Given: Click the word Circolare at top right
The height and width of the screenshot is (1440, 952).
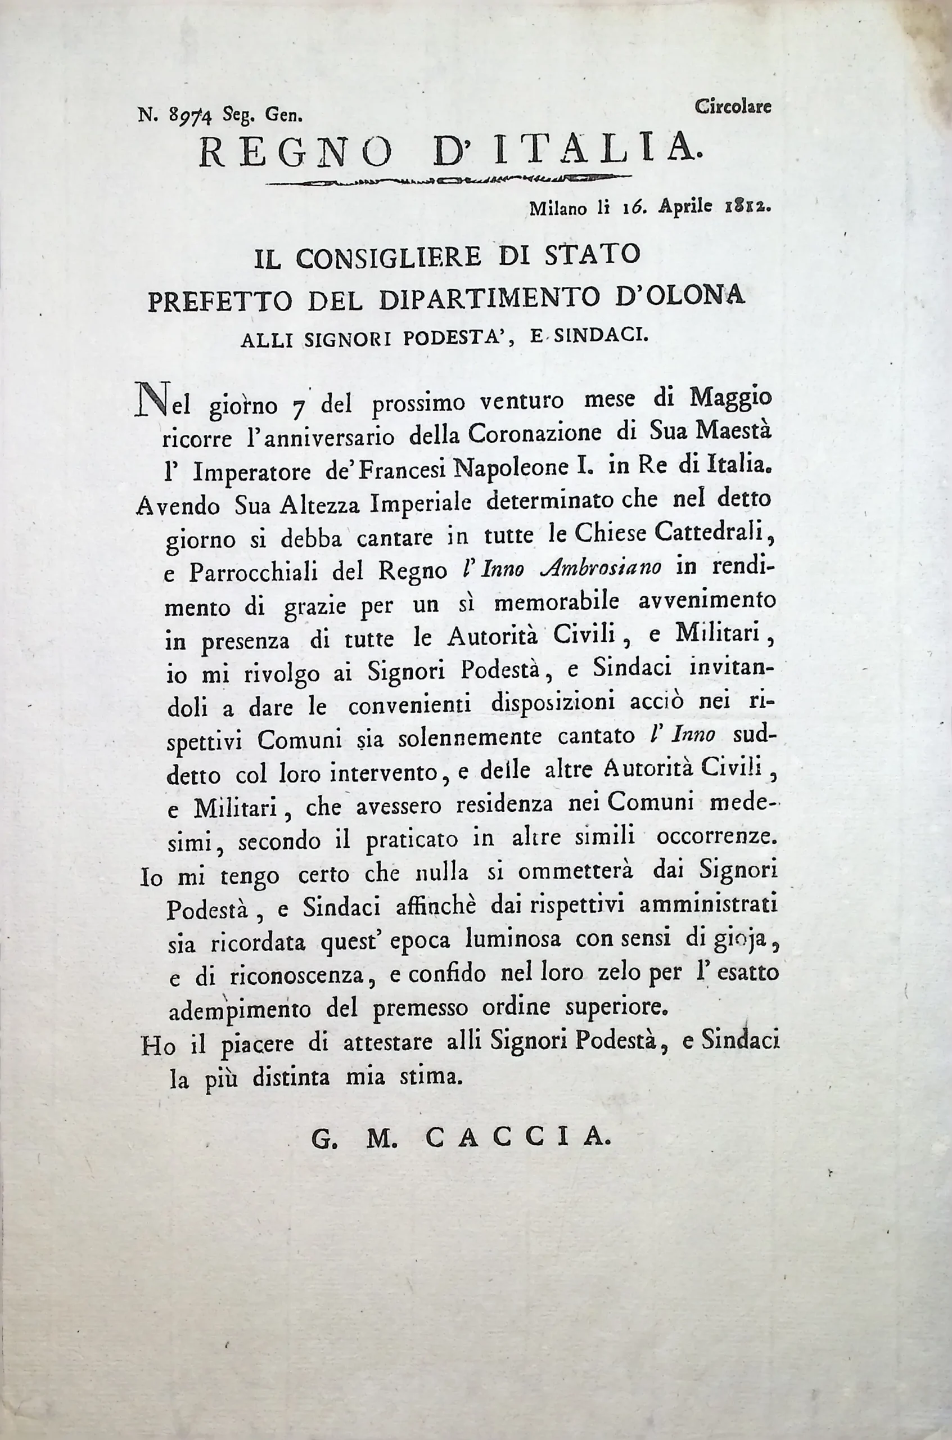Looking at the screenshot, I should (x=733, y=107).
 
